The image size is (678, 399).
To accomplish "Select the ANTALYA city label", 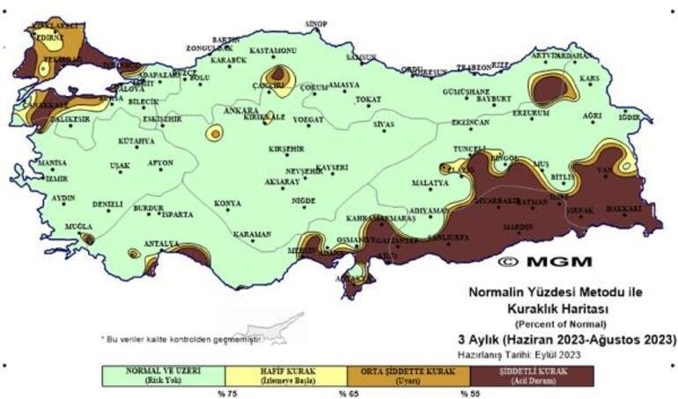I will [161, 243].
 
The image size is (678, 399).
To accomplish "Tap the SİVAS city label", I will [383, 125].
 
